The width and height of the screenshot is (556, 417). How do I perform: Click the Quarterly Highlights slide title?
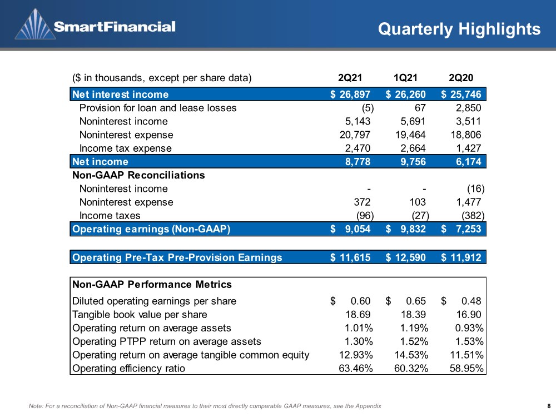click(459, 29)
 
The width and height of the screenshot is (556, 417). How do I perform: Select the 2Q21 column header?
click(350, 78)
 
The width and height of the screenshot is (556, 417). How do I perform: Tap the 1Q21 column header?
click(405, 78)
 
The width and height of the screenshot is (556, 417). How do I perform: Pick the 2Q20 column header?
click(461, 78)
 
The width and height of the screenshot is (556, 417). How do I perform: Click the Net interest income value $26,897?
click(350, 95)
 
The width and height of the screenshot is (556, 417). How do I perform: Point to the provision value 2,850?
click(468, 108)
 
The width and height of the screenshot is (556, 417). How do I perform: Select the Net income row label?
click(100, 162)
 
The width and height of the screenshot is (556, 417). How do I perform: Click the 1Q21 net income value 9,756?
click(413, 162)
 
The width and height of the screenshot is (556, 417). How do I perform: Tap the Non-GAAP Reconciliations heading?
click(138, 175)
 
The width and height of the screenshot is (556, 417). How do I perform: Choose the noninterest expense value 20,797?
click(355, 135)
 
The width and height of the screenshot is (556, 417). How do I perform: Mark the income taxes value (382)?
click(473, 216)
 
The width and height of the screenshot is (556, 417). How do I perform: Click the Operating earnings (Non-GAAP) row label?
click(151, 229)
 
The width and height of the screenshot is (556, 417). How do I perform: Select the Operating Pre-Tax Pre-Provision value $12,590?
click(406, 257)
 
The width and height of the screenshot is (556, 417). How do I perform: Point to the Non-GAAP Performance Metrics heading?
click(152, 284)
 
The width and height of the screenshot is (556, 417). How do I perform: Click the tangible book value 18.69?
click(358, 315)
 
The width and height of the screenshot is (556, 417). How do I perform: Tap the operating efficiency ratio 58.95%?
click(466, 369)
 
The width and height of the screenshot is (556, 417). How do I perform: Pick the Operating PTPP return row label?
click(167, 341)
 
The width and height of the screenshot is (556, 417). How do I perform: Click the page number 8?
click(549, 406)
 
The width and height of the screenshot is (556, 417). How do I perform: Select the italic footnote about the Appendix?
click(205, 406)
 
